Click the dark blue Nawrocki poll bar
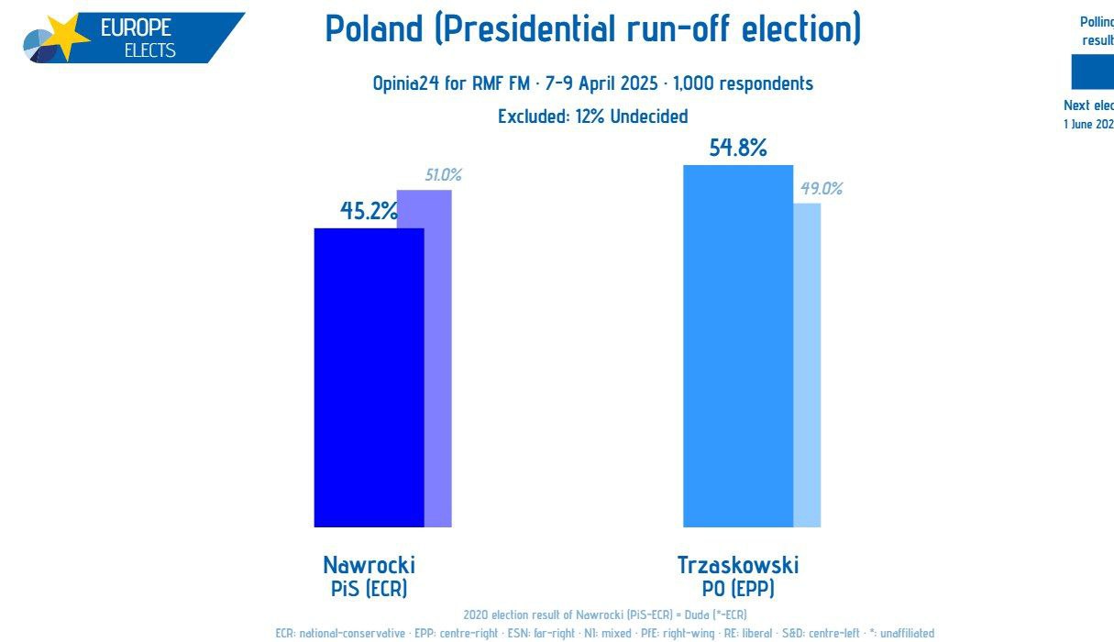(369, 377)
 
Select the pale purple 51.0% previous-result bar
(438, 367)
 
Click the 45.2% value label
(369, 211)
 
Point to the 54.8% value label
(737, 148)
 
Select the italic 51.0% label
(443, 175)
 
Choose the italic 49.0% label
(821, 189)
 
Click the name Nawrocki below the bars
(369, 565)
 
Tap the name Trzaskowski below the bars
(737, 565)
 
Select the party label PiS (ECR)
(369, 589)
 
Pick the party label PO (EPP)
(737, 589)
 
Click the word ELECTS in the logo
(149, 50)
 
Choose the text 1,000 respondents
(743, 83)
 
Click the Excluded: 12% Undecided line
(592, 116)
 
